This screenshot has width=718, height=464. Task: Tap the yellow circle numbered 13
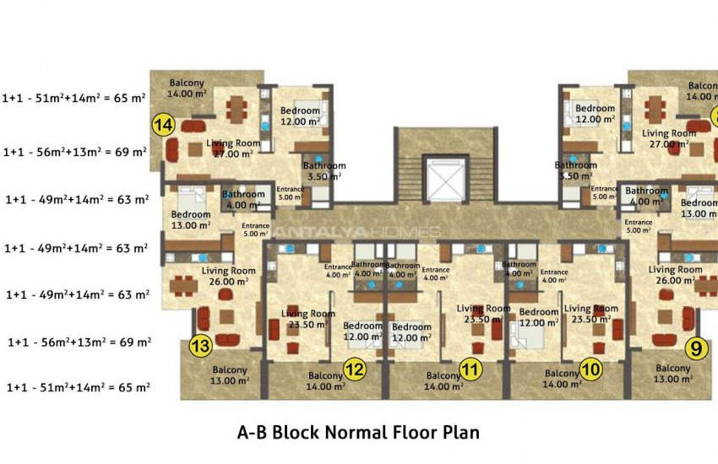[200, 346]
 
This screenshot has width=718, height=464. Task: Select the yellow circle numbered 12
[355, 369]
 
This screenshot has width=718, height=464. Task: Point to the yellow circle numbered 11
[471, 369]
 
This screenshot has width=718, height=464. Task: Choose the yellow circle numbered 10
[590, 368]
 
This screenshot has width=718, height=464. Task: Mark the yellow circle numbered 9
[695, 346]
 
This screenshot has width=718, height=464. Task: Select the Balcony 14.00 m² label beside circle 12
[326, 381]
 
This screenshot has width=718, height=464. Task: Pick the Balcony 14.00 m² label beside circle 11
[443, 381]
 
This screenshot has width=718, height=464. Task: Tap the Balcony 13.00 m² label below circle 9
[672, 374]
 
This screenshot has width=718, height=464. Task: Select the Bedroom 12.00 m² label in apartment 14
[300, 116]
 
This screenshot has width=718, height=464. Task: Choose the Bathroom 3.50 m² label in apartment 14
[324, 171]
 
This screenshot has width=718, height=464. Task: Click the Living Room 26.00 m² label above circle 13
[229, 276]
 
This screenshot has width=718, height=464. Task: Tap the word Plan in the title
[460, 433]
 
